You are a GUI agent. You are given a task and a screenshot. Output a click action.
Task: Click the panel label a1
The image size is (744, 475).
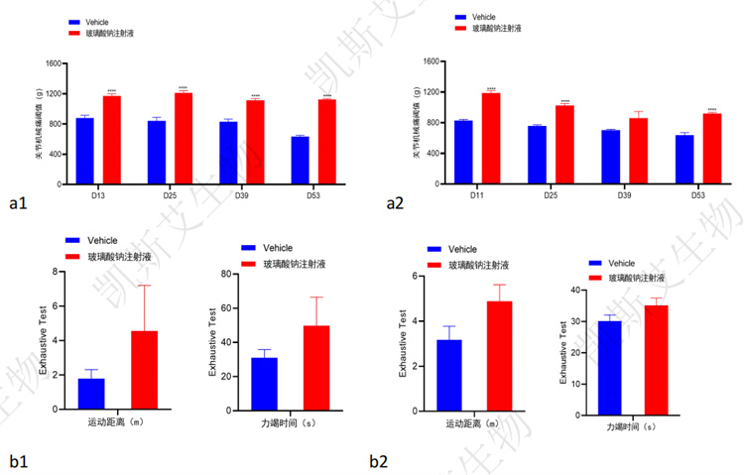pyautogui.click(x=17, y=203)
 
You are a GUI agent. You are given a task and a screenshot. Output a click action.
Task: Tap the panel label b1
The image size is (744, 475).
pyautogui.click(x=17, y=460)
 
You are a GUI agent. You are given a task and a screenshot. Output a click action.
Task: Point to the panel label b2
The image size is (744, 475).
pyautogui.click(x=379, y=460)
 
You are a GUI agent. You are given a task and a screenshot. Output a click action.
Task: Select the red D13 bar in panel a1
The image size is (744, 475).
pyautogui.click(x=111, y=140)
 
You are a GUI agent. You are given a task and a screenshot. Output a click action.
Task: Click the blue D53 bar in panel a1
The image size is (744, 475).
pyautogui.click(x=300, y=160)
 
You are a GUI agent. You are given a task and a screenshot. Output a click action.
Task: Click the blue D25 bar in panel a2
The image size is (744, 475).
pyautogui.click(x=537, y=155)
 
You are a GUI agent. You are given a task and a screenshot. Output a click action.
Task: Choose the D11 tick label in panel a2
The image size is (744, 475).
pyautogui.click(x=477, y=194)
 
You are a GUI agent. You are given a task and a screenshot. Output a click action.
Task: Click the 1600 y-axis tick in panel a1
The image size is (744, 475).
pyautogui.click(x=53, y=64)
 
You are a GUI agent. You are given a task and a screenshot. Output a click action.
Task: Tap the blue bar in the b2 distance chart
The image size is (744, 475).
pyautogui.click(x=449, y=373)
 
